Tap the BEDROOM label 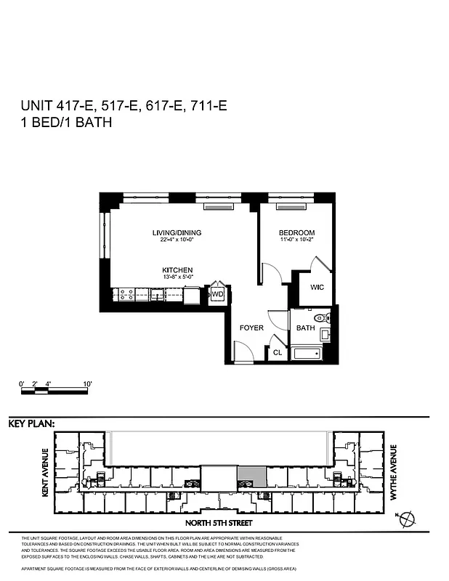[296, 232]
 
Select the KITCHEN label [177, 270]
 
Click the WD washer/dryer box [217, 295]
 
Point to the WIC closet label [316, 288]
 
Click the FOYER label [251, 328]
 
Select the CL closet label [277, 353]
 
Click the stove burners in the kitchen [125, 295]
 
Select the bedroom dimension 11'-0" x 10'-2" [296, 240]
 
